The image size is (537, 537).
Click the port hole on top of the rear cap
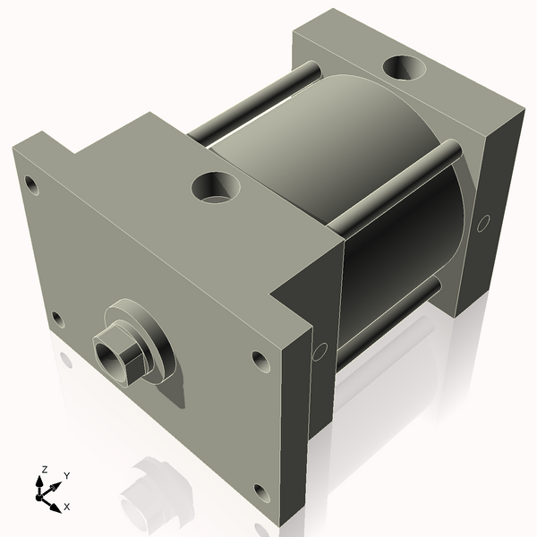(x=406, y=69)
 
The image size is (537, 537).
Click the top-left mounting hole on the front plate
(x=31, y=185)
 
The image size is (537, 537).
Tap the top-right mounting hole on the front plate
(x=260, y=360)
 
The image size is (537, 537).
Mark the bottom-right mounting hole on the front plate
(x=260, y=492)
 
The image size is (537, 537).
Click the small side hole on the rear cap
(x=484, y=220)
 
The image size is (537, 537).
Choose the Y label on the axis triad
(x=66, y=475)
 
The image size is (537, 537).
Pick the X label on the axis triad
(x=66, y=507)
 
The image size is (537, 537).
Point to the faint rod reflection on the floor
(x=157, y=488)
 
